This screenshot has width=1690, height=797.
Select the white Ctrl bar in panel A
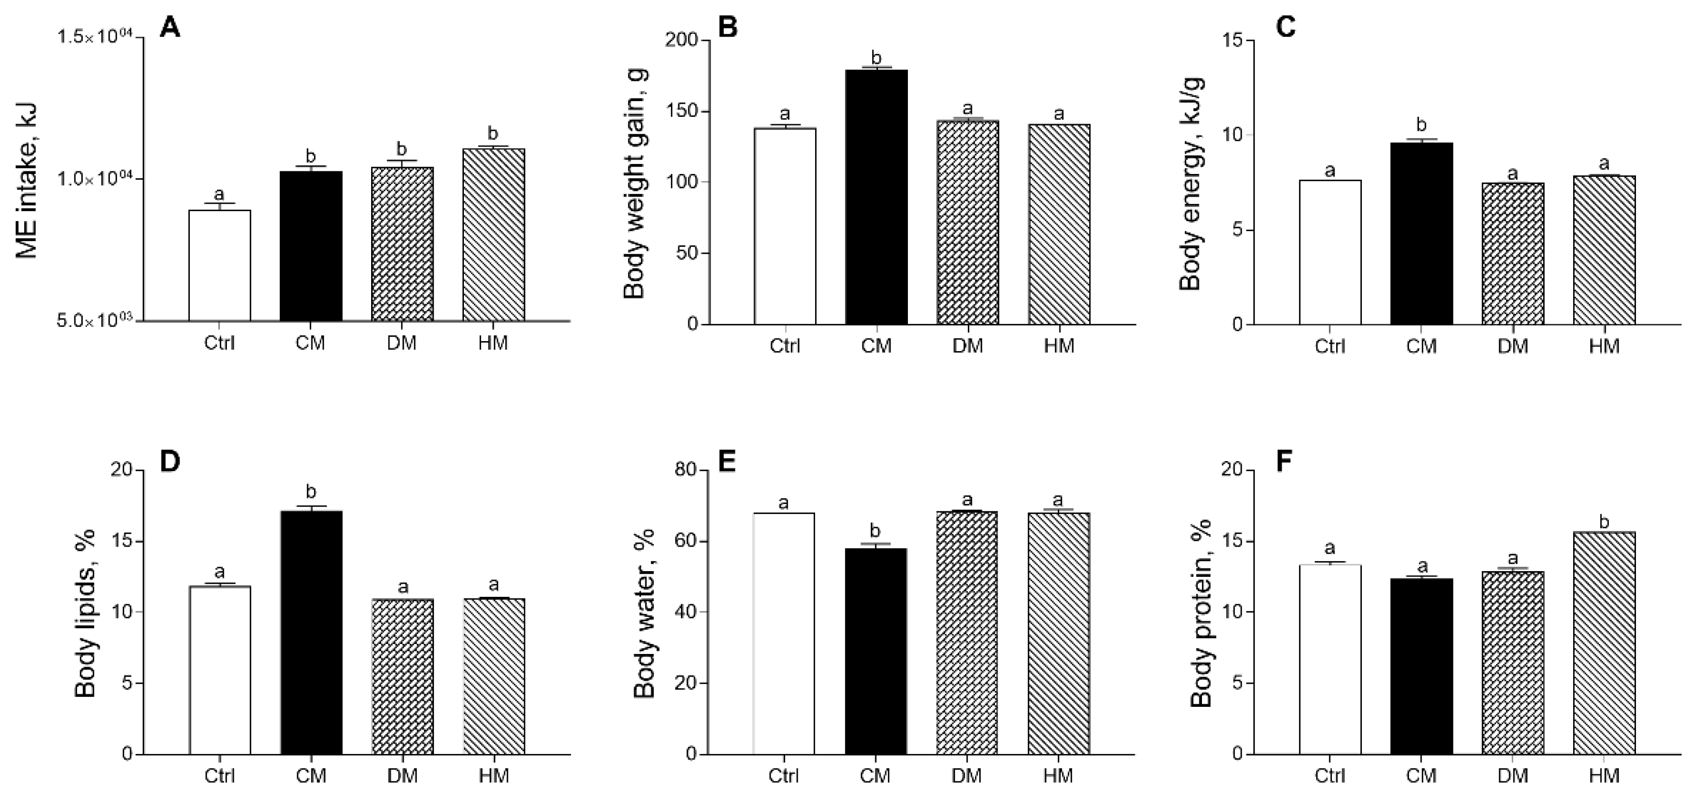pos(219,265)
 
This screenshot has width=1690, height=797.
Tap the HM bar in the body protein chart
pos(1604,643)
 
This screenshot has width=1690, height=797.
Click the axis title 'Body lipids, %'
pos(85,614)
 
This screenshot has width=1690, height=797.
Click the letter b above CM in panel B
pos(876,57)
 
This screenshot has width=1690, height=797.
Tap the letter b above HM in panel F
pos(1604,522)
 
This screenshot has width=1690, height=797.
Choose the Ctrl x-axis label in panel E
pos(784,776)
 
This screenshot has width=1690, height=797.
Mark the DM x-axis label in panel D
pos(402,776)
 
